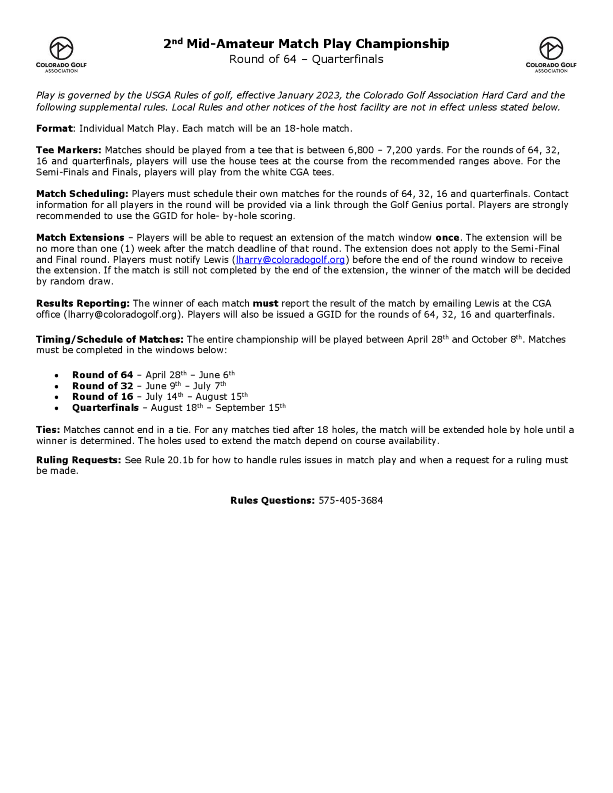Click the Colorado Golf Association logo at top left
[61, 55]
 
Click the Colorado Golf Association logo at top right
[550, 55]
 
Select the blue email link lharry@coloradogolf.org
[290, 260]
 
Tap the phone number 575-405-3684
[350, 500]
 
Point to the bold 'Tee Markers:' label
[69, 150]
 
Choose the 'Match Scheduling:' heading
[82, 194]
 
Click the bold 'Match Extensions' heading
[80, 237]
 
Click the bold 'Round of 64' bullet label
[103, 375]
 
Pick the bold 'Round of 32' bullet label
[103, 386]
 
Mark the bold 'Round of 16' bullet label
[103, 397]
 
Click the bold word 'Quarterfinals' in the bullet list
[105, 408]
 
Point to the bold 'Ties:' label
[48, 430]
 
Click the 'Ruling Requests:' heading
[78, 460]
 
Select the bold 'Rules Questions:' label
[272, 500]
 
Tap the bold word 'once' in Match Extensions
[447, 237]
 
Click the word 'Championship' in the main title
[402, 44]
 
